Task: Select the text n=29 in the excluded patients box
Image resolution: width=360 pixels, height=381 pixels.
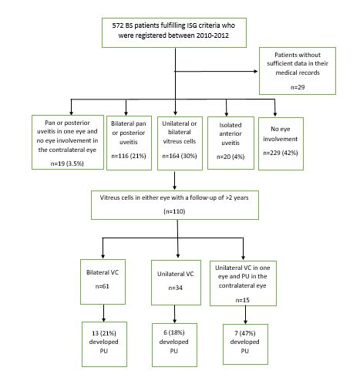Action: pos(298,87)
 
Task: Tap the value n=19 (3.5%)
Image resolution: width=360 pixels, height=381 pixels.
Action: pos(67,164)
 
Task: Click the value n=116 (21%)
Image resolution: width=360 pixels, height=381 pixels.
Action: pos(129,156)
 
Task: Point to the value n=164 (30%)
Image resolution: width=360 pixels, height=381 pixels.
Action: pos(180,156)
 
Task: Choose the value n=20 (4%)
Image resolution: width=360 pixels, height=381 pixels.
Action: pos(230,157)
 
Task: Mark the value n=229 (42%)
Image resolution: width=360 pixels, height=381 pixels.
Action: pos(281,153)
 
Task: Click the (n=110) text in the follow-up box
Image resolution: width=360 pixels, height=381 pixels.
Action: pos(174,211)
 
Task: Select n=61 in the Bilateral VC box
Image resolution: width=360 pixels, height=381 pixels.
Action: pos(103,286)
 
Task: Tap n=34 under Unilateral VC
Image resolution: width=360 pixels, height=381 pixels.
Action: pos(176,288)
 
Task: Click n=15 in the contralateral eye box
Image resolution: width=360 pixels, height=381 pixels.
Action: pos(243,300)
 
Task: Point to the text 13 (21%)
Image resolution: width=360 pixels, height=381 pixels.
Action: pos(104,333)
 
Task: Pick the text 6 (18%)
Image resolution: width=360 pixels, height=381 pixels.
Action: pos(174,332)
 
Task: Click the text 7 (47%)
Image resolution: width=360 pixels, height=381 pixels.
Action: pos(245,333)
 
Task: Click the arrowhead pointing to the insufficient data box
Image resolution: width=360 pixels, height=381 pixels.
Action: pos(256,71)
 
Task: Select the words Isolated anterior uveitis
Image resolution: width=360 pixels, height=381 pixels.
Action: pos(230,133)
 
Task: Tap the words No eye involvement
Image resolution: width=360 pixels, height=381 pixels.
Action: pos(281,133)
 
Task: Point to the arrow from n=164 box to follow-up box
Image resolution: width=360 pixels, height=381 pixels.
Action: pos(175,180)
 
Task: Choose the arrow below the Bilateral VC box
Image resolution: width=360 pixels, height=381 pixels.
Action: pos(103,313)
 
